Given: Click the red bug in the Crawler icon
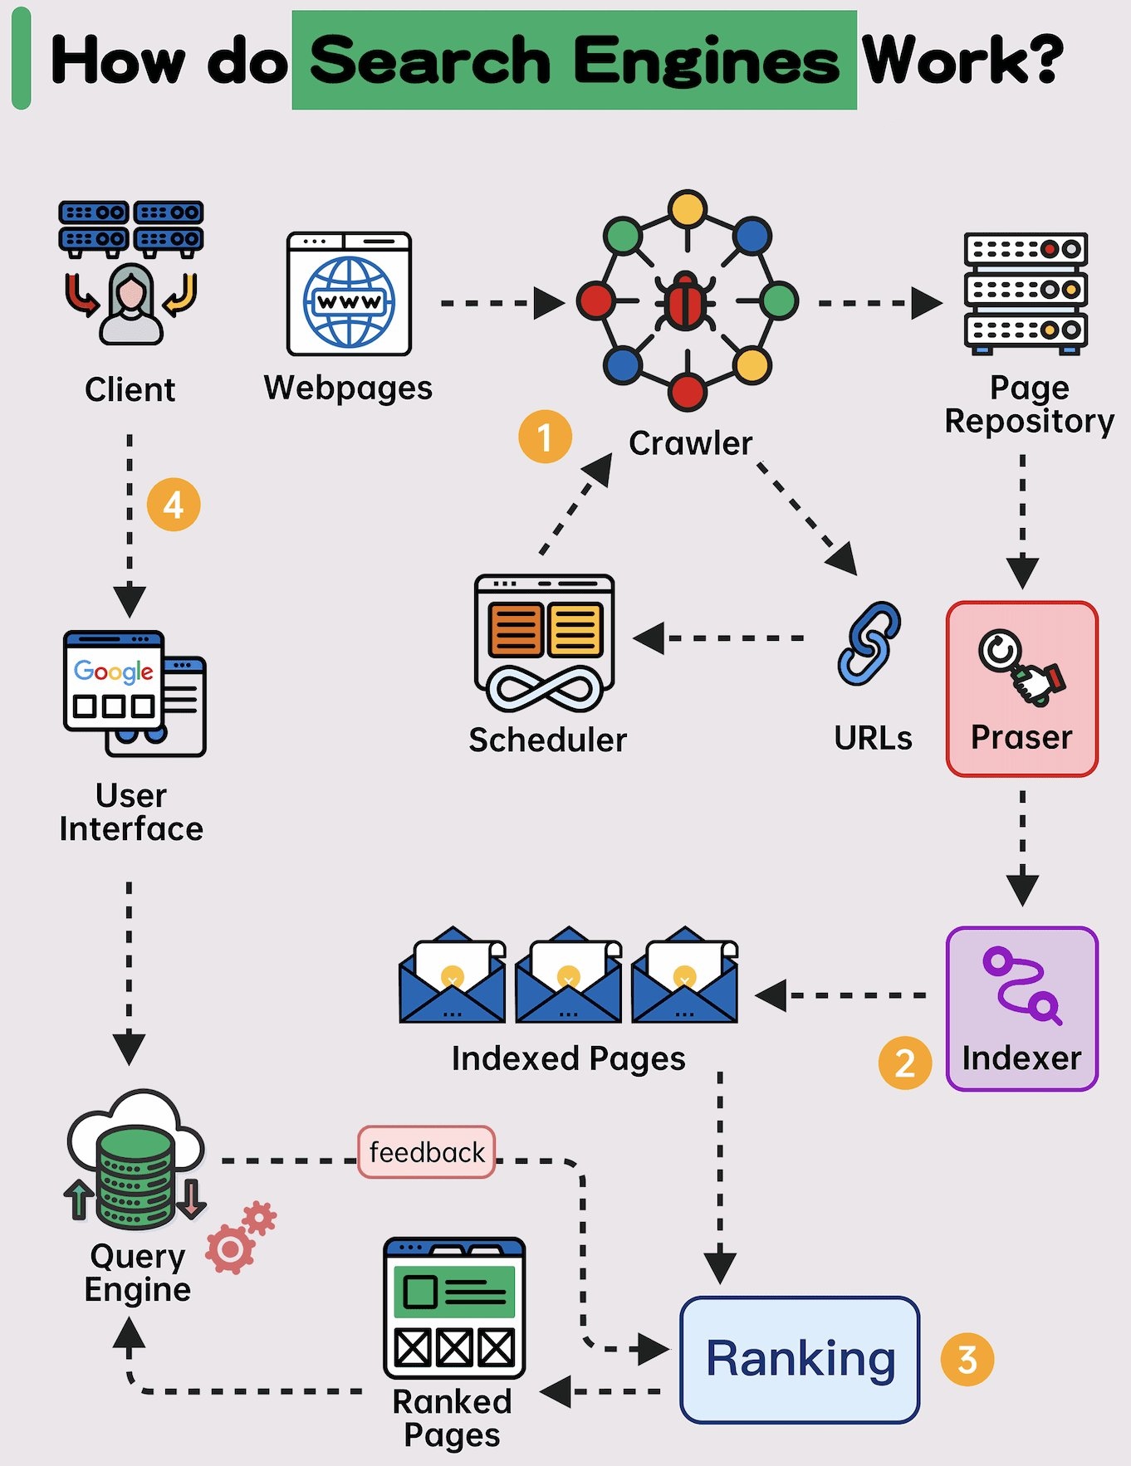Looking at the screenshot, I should point(686,301).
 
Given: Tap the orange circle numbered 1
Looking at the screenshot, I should point(545,437).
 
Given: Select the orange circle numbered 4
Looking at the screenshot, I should point(174,504).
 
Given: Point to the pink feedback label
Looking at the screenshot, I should point(427,1151).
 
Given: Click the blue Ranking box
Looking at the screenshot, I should point(800,1359).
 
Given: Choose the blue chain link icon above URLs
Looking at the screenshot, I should point(869,644).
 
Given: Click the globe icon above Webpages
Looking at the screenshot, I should point(349,301).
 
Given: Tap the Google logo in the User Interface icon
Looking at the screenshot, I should point(113,671).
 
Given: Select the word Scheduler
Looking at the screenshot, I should point(547,740).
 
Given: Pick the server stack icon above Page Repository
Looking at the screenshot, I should point(1026,291).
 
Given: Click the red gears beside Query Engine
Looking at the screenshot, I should point(240,1236).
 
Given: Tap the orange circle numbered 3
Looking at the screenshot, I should point(967,1359).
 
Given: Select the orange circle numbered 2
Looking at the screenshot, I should point(905,1063).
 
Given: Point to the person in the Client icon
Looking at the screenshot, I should point(130,305).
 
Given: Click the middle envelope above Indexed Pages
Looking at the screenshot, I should point(568,976).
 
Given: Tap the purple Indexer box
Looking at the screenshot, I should point(1021,1008).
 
